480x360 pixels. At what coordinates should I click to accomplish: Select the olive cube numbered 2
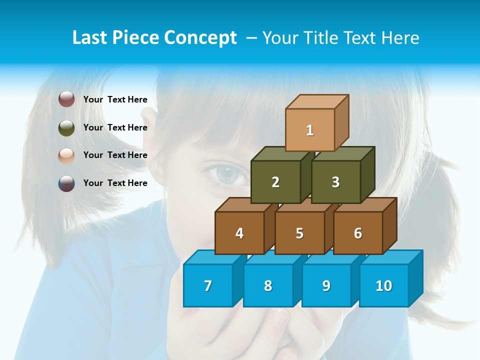tap(275, 182)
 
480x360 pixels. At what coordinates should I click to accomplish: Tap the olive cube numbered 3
tap(335, 182)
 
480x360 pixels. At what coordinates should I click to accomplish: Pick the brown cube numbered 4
tap(239, 233)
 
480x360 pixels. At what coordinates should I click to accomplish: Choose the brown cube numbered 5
tap(299, 233)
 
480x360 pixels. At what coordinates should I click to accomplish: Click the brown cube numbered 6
tap(358, 233)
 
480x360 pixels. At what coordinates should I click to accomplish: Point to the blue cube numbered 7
tap(208, 285)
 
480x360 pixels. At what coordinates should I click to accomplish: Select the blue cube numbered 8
tap(268, 285)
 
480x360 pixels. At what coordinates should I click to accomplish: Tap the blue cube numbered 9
tap(326, 285)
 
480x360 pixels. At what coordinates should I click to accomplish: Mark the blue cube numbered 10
tap(384, 285)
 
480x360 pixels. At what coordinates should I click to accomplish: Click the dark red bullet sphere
tap(66, 99)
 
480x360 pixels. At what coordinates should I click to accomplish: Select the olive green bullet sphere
tap(66, 127)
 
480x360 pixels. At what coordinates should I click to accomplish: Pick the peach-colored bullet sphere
tap(66, 155)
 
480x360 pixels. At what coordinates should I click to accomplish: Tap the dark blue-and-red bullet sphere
tap(66, 183)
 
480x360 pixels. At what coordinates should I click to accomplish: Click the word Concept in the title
tap(200, 38)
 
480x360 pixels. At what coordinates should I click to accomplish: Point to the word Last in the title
tap(90, 38)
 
